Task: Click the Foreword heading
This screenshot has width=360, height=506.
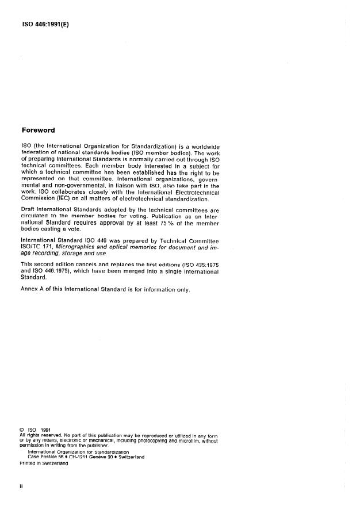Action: point(38,130)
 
